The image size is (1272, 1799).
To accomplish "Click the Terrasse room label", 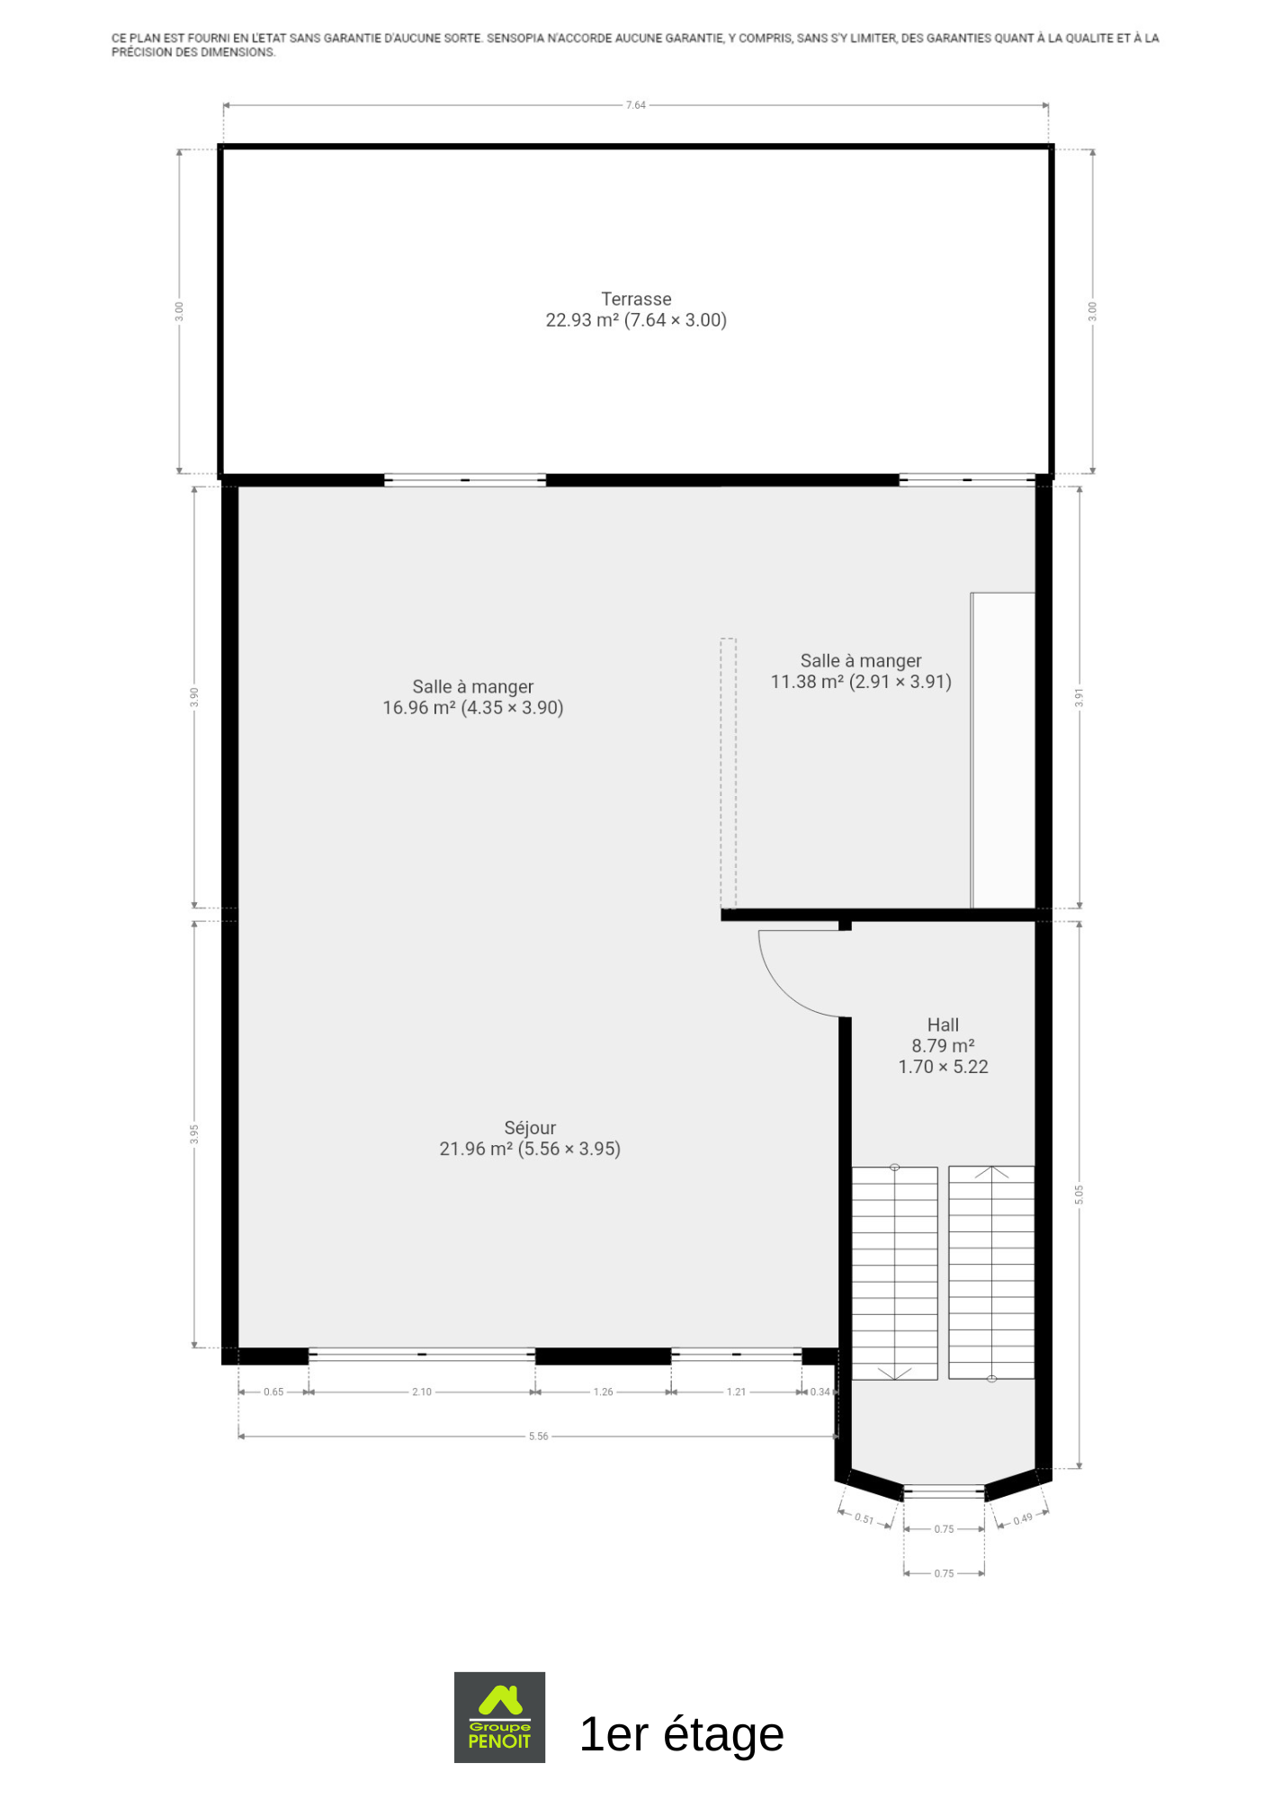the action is point(636,309).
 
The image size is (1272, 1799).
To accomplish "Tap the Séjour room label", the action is point(530,1138).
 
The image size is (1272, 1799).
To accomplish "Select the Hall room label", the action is point(943,1045).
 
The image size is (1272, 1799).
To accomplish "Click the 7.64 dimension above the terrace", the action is point(636,105).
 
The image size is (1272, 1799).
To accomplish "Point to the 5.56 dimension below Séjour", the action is point(538,1437).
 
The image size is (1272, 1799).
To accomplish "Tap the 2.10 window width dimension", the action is point(422,1392).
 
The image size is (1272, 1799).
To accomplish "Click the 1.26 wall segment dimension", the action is point(603,1392).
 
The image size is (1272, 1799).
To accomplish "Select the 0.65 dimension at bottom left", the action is point(273,1392).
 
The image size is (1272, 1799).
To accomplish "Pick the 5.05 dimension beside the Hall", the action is point(1079,1195).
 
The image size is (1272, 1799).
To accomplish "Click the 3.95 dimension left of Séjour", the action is point(194,1134).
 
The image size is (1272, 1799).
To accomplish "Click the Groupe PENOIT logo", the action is point(499,1717).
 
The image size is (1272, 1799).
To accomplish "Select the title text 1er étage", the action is point(682,1733).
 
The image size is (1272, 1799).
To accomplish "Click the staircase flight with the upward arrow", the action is point(991,1273).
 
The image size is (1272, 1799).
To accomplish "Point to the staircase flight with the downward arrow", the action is point(895,1273).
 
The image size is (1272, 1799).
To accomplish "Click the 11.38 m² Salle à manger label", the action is point(861,671).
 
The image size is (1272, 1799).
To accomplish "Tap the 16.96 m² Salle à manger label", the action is point(473,697).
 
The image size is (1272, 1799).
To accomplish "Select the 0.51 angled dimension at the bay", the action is point(864,1518).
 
